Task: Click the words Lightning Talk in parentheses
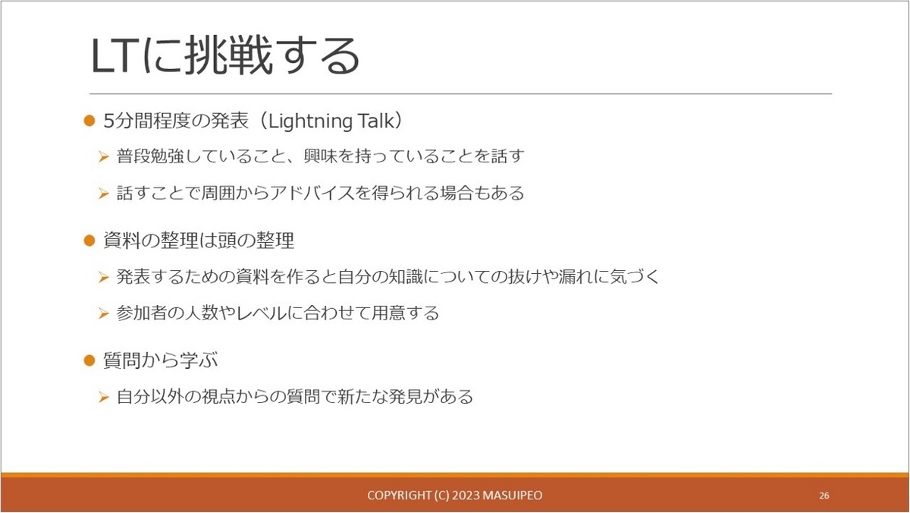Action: pos(331,121)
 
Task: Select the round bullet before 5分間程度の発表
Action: pos(89,121)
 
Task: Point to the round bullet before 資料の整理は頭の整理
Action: pos(89,241)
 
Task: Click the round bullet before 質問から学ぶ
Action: pos(89,360)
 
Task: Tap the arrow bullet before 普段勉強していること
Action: pos(104,156)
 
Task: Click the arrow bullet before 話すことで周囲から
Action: pos(104,194)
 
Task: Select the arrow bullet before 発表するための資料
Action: pos(104,278)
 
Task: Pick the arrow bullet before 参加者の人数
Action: pos(104,314)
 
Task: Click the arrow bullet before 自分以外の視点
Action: pos(104,397)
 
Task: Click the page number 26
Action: pos(824,496)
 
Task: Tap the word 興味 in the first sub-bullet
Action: pos(321,156)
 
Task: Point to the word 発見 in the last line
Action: pos(405,397)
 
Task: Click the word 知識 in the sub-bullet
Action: pos(406,277)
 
